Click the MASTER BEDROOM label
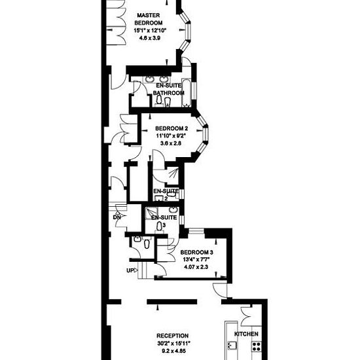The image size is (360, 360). (149, 19)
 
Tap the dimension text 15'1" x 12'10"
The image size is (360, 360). (150, 31)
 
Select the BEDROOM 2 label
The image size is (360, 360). (171, 128)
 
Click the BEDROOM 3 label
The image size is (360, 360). (197, 253)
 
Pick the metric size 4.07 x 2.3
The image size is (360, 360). (196, 267)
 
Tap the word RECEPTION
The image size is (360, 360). (172, 336)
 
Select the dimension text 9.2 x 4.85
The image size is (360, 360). (173, 351)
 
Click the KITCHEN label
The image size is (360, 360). (246, 334)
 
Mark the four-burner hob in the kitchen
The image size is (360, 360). (257, 346)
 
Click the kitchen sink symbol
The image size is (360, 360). (232, 346)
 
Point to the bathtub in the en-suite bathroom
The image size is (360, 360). (186, 92)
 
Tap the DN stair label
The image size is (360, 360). (117, 217)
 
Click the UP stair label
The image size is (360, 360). (130, 270)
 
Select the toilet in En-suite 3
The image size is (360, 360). (159, 227)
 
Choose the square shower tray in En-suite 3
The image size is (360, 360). (151, 213)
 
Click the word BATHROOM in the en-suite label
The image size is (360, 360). (169, 93)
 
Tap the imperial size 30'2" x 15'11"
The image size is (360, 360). (173, 344)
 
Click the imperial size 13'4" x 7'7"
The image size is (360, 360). (196, 260)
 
